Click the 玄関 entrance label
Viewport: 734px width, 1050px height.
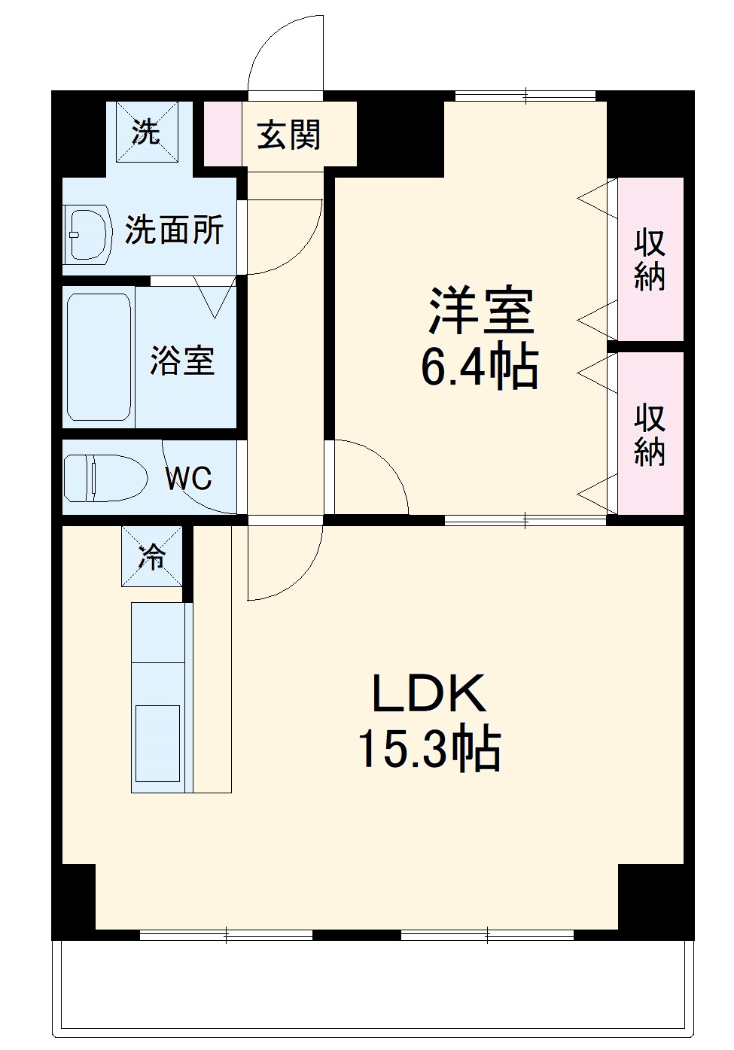point(289,135)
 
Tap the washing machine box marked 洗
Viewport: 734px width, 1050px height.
point(147,132)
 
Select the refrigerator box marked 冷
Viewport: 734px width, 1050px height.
point(152,556)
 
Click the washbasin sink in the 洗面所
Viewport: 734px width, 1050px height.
point(87,234)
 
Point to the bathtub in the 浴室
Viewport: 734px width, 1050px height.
point(99,357)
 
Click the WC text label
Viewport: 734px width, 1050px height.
point(188,479)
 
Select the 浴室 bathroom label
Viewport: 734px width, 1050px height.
point(182,361)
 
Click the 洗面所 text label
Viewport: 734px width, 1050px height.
point(174,230)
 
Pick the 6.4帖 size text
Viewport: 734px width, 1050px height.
point(480,367)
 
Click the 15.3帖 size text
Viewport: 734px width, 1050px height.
point(429,748)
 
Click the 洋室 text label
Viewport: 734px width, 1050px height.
point(481,311)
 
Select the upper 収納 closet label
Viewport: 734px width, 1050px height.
point(649,260)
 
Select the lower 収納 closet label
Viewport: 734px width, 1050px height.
point(649,434)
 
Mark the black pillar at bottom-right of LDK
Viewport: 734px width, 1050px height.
point(650,899)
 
